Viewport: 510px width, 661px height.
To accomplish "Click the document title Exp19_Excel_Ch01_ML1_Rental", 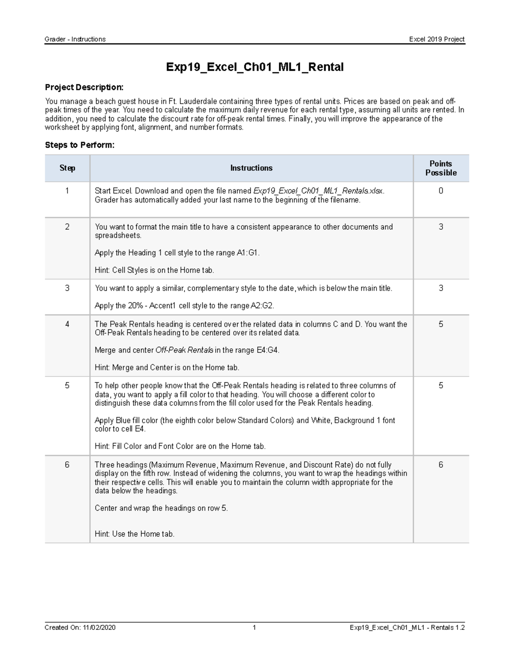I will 255,67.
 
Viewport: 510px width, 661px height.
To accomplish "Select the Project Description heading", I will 84,87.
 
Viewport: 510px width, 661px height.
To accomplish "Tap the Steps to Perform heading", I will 79,145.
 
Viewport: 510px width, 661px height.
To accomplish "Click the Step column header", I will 67,168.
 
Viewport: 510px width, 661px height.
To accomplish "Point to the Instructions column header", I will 251,168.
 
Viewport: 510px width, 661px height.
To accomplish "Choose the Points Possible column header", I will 441,168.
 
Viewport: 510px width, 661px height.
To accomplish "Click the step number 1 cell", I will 67,191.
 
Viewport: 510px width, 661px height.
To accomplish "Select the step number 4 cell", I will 67,324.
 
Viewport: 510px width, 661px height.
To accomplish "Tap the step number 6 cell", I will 67,465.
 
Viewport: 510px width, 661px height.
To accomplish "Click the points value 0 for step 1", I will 441,191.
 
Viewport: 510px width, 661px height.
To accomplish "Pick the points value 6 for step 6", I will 441,465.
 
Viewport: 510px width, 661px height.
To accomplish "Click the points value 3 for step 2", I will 441,227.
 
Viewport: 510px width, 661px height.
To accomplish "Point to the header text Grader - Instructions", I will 75,39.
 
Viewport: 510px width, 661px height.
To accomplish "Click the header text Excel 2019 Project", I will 436,39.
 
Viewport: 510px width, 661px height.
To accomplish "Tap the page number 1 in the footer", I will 254,627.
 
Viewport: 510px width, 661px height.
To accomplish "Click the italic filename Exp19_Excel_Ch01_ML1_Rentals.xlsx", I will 318,191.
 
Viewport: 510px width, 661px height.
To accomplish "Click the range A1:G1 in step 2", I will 247,253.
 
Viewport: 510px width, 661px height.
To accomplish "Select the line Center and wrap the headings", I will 161,508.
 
